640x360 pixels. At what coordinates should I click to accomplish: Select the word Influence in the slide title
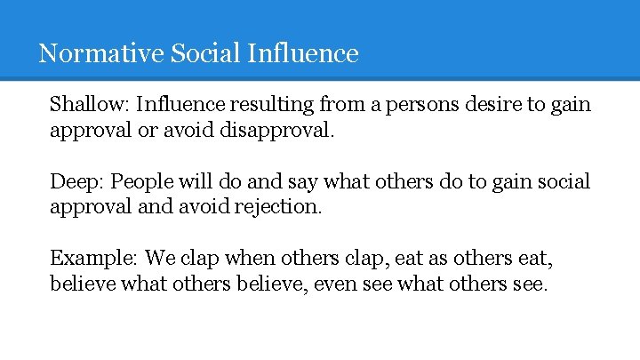click(303, 53)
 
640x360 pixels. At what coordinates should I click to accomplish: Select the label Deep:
click(76, 181)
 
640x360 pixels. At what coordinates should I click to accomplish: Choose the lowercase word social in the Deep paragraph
click(564, 181)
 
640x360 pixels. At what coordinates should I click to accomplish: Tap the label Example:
click(93, 259)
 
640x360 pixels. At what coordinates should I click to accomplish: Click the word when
click(250, 259)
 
